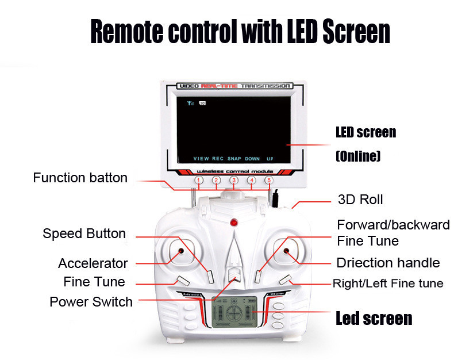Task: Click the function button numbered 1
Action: (199, 181)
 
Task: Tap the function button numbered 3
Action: (234, 181)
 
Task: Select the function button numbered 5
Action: (269, 181)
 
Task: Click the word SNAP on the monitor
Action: (234, 158)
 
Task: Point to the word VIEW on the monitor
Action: (201, 158)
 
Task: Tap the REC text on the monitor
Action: (218, 158)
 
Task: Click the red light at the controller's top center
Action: (234, 223)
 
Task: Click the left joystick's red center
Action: (180, 251)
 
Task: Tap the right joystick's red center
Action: (287, 251)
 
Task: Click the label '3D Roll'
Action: (360, 200)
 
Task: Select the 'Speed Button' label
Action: (84, 233)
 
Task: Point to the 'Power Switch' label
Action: (91, 301)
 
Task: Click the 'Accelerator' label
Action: (93, 263)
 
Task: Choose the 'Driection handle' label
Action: (388, 263)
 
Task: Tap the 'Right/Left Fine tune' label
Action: (388, 284)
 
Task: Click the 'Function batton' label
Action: (80, 178)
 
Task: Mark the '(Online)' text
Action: (359, 156)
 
